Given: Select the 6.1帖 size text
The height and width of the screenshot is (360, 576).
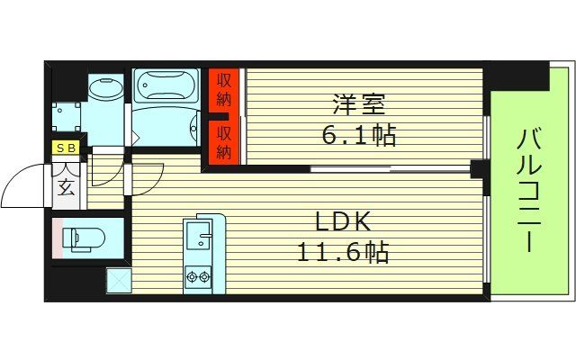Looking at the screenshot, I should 361,136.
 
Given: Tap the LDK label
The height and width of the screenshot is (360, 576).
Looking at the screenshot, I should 343,221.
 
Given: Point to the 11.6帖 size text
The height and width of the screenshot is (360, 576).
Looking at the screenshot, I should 343,253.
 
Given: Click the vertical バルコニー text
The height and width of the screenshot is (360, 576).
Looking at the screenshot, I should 528,191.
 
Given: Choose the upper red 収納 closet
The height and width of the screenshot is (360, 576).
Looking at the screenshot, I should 224,90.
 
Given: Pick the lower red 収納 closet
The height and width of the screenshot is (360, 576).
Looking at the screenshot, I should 224,141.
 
